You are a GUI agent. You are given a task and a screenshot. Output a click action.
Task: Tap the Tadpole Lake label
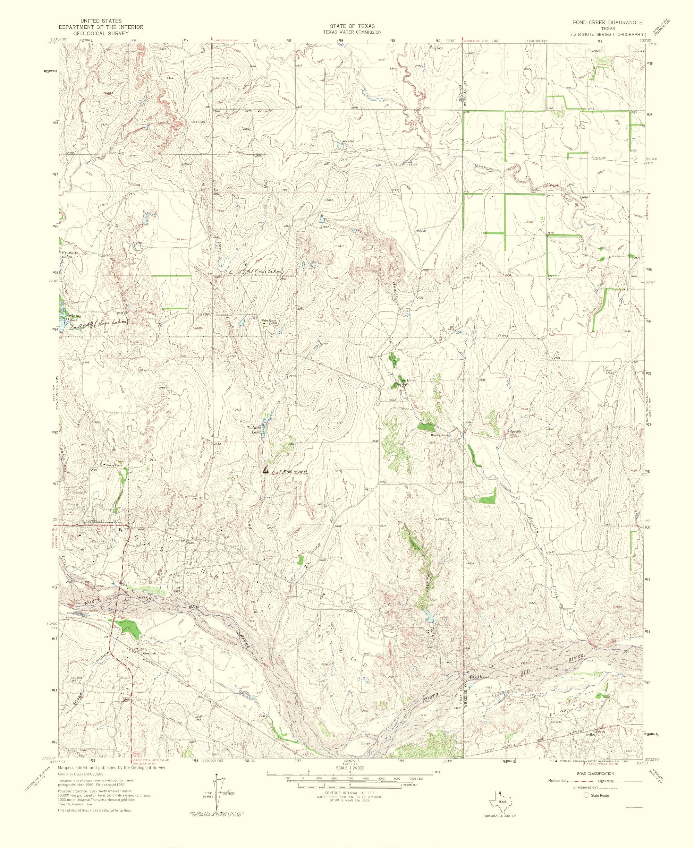tap(254, 430)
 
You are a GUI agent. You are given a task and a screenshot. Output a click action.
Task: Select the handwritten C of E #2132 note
tap(289, 472)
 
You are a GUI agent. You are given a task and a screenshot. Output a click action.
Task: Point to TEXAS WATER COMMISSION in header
tap(352, 32)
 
